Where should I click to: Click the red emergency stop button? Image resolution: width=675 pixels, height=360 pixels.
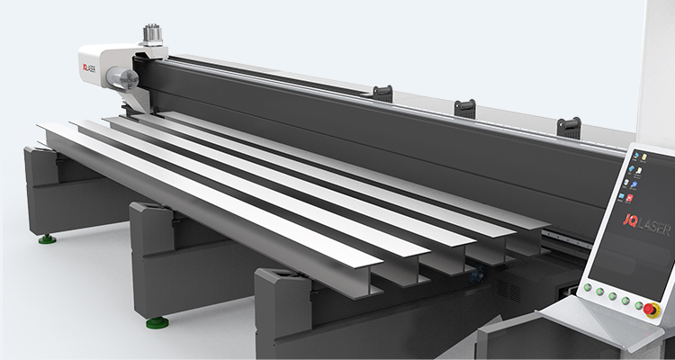(x=650, y=310)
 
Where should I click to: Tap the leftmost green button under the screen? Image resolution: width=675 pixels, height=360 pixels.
(x=587, y=287)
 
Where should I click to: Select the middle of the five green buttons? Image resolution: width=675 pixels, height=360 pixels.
(x=612, y=296)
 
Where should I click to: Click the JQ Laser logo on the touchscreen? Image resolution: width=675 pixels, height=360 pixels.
(x=646, y=224)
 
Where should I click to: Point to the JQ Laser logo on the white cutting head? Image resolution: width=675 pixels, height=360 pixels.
(x=89, y=68)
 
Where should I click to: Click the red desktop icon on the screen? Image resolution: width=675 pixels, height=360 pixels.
(x=629, y=198)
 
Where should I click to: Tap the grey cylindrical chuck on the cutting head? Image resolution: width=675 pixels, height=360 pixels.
(x=122, y=78)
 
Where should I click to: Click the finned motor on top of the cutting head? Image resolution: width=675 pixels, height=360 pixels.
(x=152, y=34)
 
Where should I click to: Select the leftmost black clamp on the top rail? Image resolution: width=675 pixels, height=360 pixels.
(x=382, y=94)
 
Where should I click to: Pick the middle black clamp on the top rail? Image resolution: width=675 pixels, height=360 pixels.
(x=465, y=109)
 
